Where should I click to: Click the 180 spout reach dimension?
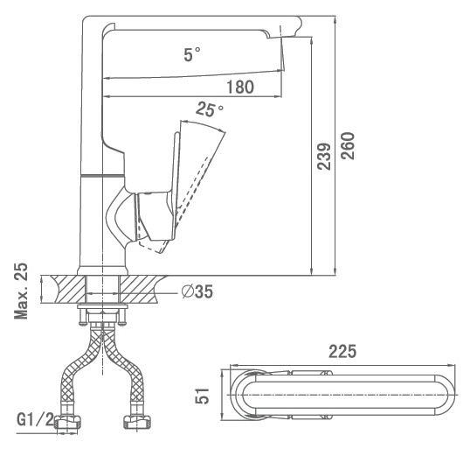tap(240, 88)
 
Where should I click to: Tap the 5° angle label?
tap(192, 54)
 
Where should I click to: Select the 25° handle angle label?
tap(210, 109)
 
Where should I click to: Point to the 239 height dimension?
tap(324, 157)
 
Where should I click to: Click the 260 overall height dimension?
tap(348, 146)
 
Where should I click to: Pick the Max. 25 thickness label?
tap(21, 291)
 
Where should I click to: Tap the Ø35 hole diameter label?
tap(197, 291)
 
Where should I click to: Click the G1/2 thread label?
tap(35, 419)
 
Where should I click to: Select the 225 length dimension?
tap(342, 351)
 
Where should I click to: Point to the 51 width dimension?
tap(203, 396)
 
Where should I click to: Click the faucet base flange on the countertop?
tap(102, 270)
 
